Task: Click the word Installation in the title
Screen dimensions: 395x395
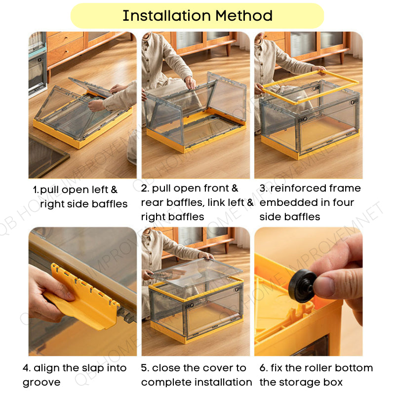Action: tap(166, 16)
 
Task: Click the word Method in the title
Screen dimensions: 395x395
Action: tap(244, 16)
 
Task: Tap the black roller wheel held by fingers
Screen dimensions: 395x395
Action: tap(303, 285)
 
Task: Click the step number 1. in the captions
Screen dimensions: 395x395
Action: tap(36, 190)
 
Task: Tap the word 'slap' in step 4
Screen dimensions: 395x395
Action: tap(94, 368)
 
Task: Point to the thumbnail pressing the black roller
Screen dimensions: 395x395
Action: tap(324, 287)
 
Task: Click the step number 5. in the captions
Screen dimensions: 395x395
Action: tap(145, 368)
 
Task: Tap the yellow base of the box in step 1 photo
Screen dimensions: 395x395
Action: tap(83, 133)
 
